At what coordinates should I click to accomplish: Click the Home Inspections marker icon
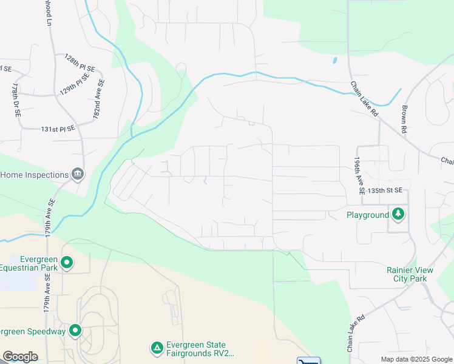point(78,175)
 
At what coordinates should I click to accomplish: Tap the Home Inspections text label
point(34,175)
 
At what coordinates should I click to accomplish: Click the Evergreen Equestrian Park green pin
point(67,263)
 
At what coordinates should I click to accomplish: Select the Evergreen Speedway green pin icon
point(75,331)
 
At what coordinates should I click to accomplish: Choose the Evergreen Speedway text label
point(33,331)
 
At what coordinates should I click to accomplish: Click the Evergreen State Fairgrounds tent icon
point(157,348)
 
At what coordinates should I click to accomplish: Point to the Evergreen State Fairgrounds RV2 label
point(200,348)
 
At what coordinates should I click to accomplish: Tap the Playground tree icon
point(398,214)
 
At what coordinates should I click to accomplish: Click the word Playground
point(367,215)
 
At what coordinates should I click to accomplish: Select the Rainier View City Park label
point(407,274)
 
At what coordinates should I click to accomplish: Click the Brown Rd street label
point(403,119)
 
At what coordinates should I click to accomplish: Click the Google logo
point(20,357)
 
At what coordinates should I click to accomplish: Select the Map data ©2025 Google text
point(416,359)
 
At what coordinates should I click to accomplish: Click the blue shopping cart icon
point(308,362)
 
